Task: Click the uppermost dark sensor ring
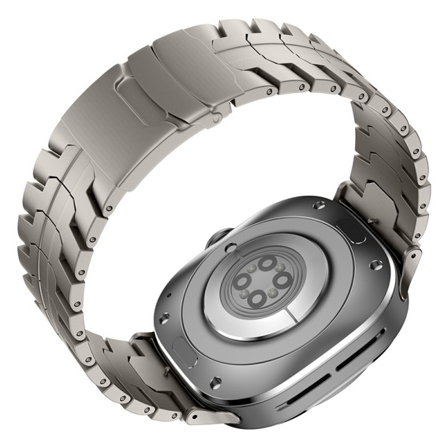click(268, 263)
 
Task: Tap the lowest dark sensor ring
click(255, 300)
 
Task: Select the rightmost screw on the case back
click(376, 265)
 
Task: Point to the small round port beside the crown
click(230, 248)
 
